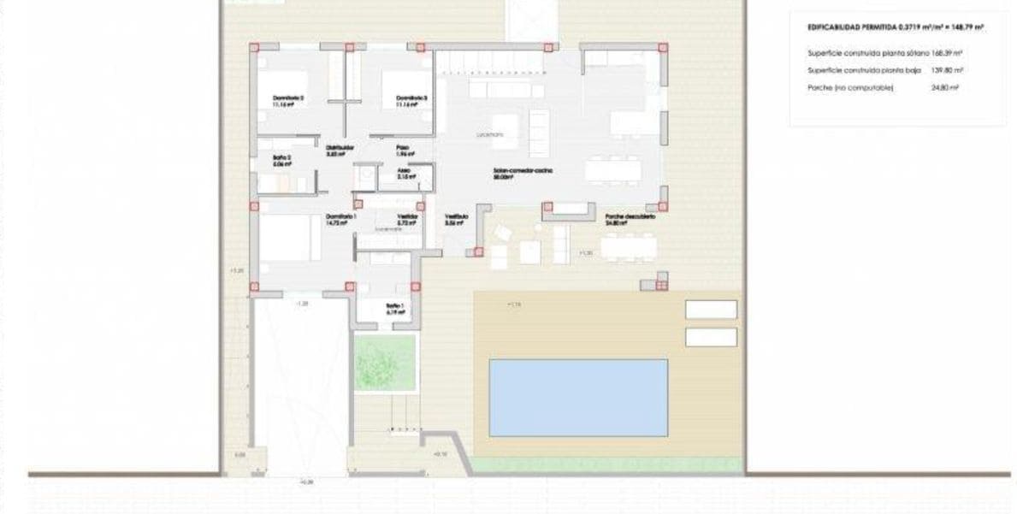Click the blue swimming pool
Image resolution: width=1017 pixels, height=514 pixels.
tap(578, 397)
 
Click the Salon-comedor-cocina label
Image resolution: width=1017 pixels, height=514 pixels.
tap(523, 171)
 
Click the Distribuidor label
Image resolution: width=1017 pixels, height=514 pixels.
tap(340, 148)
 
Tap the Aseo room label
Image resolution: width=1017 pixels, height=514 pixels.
tap(405, 170)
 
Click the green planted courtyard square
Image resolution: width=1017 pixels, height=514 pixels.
tap(385, 363)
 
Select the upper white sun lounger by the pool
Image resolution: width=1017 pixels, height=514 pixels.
tap(711, 310)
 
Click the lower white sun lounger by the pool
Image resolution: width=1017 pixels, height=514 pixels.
tap(711, 337)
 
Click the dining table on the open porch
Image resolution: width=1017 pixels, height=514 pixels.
tap(629, 247)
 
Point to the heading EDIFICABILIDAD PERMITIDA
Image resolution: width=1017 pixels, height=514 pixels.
tap(895, 27)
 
